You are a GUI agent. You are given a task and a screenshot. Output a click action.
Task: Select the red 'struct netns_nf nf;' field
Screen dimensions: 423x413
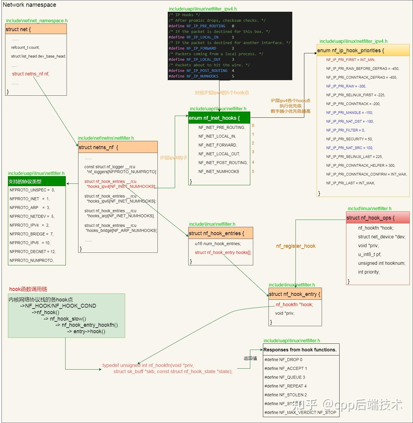[31, 74]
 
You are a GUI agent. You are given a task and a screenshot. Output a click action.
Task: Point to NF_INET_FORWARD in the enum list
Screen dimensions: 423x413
[218, 145]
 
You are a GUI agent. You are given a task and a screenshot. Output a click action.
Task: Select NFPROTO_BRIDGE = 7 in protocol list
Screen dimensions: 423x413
[31, 234]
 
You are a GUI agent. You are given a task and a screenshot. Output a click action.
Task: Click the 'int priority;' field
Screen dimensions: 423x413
[369, 272]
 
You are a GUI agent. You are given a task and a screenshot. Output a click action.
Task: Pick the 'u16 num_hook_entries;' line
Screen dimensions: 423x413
[218, 244]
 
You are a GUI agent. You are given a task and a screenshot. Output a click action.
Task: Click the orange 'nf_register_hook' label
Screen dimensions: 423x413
[296, 246]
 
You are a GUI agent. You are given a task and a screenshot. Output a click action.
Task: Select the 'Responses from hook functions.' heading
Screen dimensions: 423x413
[300, 350]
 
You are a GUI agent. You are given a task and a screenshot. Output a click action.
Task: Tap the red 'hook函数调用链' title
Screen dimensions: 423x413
[28, 289]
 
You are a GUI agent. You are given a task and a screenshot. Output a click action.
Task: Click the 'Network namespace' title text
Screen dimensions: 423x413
[29, 5]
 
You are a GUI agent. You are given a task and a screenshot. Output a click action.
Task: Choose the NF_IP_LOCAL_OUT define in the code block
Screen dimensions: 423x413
[203, 60]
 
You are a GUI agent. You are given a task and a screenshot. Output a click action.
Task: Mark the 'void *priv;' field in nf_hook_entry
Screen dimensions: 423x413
[285, 313]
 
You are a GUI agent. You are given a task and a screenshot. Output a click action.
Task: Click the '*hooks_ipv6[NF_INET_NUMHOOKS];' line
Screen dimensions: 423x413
[121, 201]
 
